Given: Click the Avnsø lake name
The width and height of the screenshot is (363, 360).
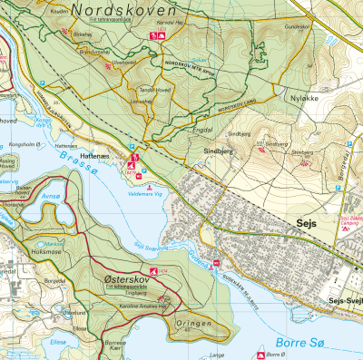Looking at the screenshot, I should pyautogui.click(x=51, y=194).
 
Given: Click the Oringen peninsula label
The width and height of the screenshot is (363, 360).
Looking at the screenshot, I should pyautogui.click(x=192, y=323).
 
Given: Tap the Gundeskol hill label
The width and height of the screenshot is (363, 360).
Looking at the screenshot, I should pyautogui.click(x=299, y=28).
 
